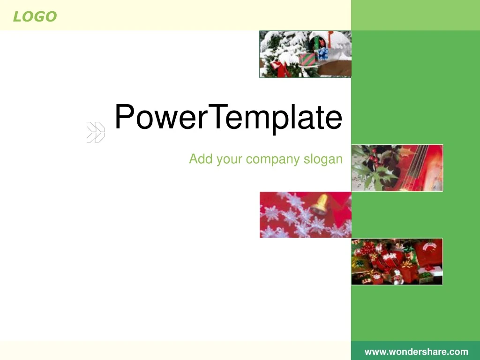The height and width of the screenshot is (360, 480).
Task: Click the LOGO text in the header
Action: click(35, 17)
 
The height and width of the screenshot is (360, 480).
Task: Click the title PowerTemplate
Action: click(228, 117)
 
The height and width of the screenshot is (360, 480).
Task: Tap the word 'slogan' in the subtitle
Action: click(323, 159)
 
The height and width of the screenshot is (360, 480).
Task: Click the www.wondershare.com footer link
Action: click(416, 352)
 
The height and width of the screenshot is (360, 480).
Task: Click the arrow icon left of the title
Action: click(96, 133)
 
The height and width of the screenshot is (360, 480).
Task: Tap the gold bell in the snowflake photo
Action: click(319, 204)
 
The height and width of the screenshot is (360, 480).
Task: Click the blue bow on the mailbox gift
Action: click(322, 53)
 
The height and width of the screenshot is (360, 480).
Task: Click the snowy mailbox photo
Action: click(305, 54)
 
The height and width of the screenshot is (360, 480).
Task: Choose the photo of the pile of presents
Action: click(397, 262)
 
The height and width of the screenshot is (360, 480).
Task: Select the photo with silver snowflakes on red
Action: click(305, 215)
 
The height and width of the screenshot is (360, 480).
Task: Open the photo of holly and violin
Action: click(397, 168)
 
